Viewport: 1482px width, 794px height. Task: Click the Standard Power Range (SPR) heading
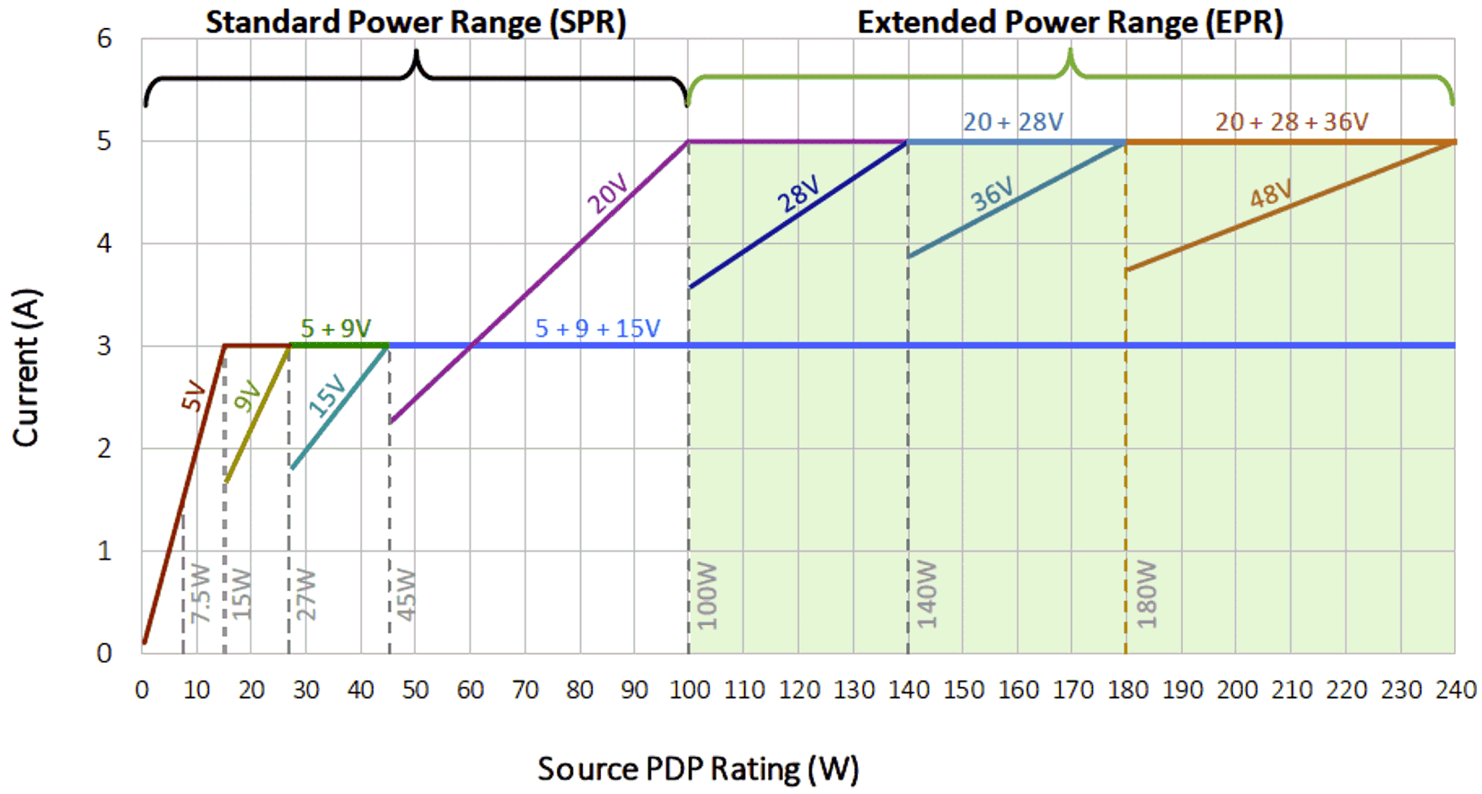[x=415, y=22]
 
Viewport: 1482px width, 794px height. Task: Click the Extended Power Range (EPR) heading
[x=1070, y=22]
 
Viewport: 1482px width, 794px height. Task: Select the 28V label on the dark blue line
[x=798, y=194]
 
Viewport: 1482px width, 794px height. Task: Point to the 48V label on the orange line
[x=1271, y=193]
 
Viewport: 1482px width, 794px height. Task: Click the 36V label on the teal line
[x=992, y=194]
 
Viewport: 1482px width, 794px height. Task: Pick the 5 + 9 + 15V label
[x=597, y=329]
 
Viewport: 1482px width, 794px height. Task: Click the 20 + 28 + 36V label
[x=1291, y=122]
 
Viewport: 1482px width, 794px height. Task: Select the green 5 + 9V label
[x=335, y=329]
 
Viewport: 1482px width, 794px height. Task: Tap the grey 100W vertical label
[x=708, y=595]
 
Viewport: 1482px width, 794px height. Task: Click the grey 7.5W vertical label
[x=200, y=594]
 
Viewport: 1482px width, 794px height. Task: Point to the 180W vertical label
[x=1147, y=595]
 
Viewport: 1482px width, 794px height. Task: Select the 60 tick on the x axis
[x=470, y=690]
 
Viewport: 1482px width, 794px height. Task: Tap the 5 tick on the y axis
[x=104, y=141]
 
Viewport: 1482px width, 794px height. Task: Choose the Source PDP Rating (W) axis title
[x=698, y=769]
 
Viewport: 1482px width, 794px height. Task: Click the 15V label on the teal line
[x=327, y=396]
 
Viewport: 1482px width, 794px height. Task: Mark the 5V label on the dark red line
[x=193, y=396]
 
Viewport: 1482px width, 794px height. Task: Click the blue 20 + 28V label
[x=1012, y=122]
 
